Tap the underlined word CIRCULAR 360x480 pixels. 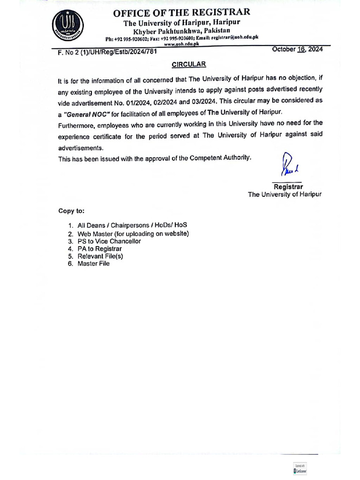click(x=188, y=64)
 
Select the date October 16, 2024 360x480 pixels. click(x=297, y=50)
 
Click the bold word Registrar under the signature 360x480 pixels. click(x=288, y=187)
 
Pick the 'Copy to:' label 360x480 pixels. click(x=71, y=211)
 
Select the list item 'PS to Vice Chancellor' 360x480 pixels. click(x=109, y=241)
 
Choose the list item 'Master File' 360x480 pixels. click(x=93, y=264)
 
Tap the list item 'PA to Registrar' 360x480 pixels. click(x=99, y=249)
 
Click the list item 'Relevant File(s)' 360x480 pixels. click(x=100, y=256)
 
